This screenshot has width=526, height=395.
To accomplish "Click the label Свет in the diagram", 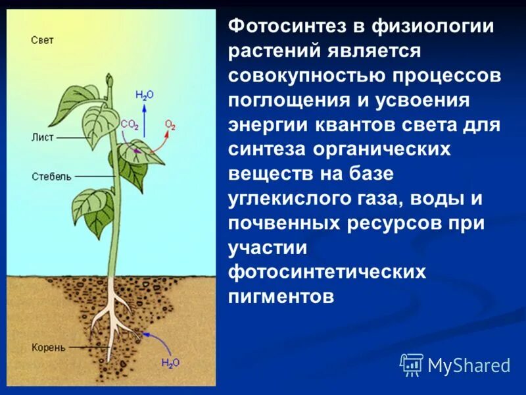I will tap(42, 40).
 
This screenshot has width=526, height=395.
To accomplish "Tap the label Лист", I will tap(41, 138).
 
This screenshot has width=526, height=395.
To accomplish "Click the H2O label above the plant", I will tap(144, 95).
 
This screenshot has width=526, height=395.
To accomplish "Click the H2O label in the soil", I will tap(170, 363).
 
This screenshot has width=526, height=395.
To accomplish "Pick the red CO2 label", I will tap(129, 124).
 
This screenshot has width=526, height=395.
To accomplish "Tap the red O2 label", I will tap(170, 124).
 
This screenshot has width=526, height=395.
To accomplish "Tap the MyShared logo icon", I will tap(412, 364).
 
